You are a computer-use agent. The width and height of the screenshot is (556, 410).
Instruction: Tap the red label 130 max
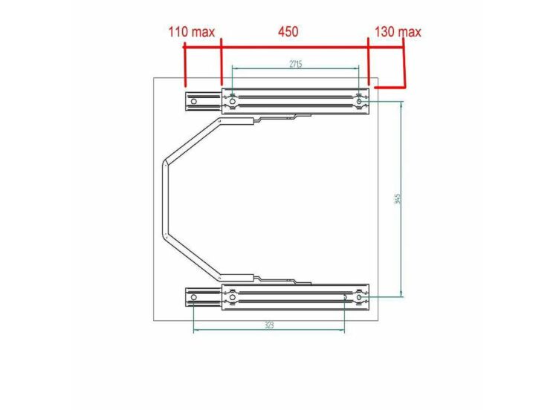pos(397,32)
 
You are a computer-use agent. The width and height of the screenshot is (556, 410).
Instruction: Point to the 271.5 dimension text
pos(295,64)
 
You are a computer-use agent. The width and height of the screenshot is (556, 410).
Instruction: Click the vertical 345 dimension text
pos(398,199)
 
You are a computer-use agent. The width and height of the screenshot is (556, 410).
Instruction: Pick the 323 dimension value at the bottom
pos(268,325)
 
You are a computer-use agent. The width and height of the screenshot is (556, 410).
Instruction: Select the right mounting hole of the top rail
pos(360,97)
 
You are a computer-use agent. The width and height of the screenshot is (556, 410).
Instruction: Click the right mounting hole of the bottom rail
pos(360,298)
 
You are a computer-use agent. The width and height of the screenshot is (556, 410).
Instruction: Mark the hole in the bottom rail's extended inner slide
pos(193,298)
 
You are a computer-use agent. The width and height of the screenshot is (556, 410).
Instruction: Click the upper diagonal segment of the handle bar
pos(192,137)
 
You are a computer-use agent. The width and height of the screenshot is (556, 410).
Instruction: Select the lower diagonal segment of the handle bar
pos(192,256)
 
